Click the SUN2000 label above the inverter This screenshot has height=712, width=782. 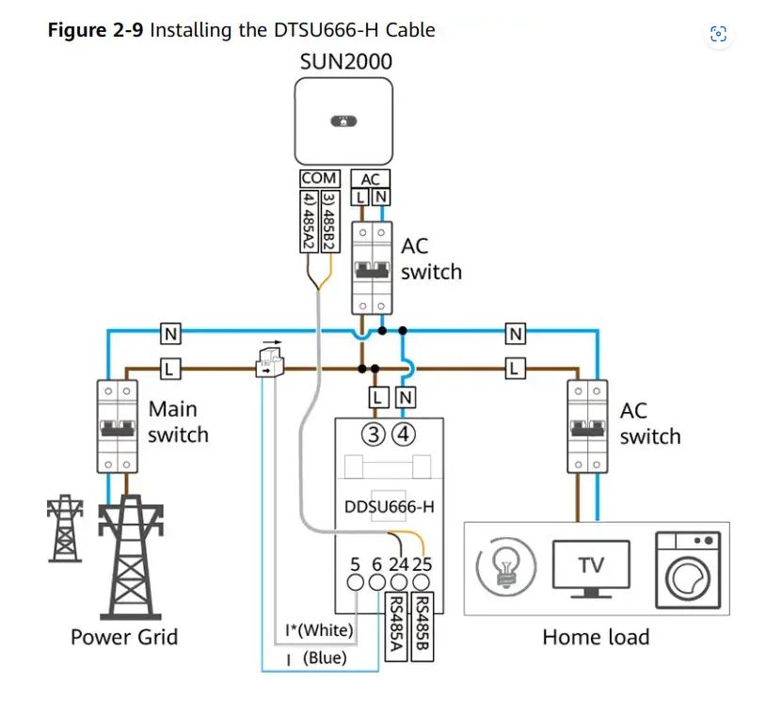[345, 61]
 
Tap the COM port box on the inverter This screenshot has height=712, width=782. [320, 178]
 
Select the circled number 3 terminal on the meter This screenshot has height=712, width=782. [376, 435]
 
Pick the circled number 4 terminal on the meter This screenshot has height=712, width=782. [404, 435]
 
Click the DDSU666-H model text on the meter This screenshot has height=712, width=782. [389, 508]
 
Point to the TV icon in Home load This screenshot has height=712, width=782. [591, 566]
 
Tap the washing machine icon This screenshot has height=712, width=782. [687, 566]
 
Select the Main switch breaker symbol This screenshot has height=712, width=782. [118, 426]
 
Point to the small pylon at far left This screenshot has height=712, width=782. [63, 527]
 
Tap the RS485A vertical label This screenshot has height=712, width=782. [397, 628]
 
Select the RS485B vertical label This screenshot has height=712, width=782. [423, 628]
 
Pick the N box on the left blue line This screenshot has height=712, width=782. [170, 333]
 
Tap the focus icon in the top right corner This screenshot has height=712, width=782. [718, 35]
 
